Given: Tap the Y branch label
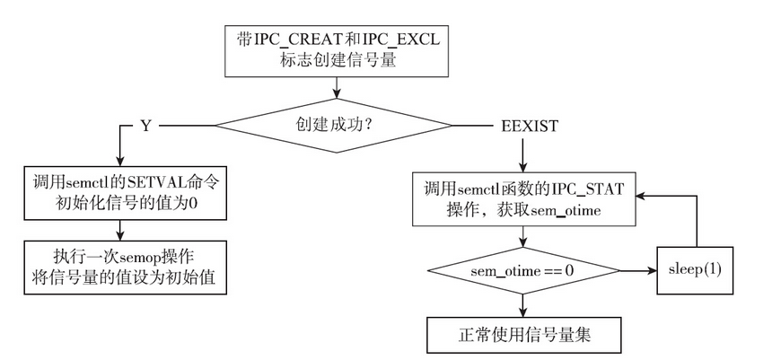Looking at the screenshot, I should point(145,126).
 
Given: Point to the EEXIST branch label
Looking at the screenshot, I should point(531,126).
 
